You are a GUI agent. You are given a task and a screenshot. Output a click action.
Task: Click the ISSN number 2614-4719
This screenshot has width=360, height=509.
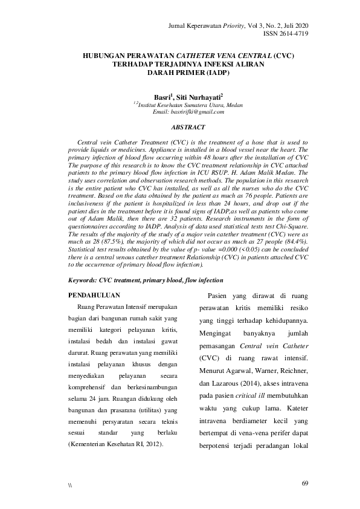coord(286,34)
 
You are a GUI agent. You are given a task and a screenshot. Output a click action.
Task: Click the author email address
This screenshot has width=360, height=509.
coord(188,112)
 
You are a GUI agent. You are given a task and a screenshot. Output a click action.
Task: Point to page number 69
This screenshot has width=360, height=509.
coord(304,483)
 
